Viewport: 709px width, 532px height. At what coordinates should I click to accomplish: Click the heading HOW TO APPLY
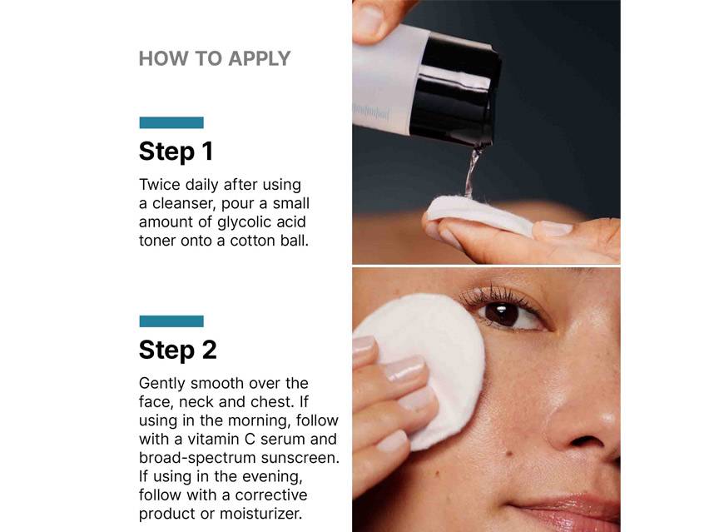215,58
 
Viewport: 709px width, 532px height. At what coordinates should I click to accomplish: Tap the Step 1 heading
176,152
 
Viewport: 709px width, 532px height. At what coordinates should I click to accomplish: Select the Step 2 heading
177,350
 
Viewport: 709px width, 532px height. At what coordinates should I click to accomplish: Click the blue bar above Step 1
171,122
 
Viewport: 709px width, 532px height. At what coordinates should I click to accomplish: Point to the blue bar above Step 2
171,321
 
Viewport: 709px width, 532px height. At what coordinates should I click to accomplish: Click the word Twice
160,184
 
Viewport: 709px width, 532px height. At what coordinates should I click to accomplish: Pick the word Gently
161,383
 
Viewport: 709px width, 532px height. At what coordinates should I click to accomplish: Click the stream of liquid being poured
473,171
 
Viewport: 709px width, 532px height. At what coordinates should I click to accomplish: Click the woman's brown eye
502,314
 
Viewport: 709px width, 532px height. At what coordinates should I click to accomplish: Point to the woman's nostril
579,438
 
